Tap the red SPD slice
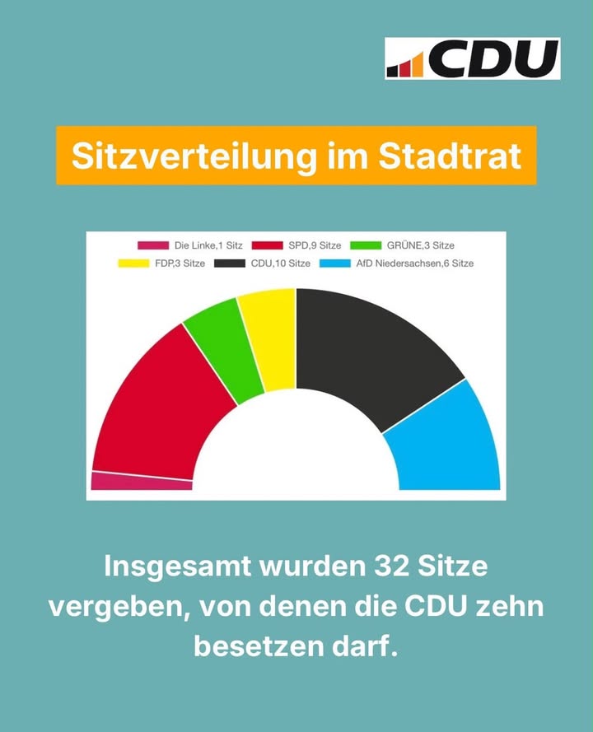coord(159,406)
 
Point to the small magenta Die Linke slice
coord(140,482)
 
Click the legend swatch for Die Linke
coord(152,245)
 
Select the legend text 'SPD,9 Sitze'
coord(315,245)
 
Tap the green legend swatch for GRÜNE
coord(366,245)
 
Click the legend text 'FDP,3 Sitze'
coord(180,263)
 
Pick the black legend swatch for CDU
coord(230,263)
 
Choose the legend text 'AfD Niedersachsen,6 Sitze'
coord(414,263)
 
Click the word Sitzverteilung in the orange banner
coord(194,156)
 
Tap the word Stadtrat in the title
coord(450,156)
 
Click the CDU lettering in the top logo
coord(493,58)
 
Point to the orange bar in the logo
coord(418,65)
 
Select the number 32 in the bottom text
coord(391,566)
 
